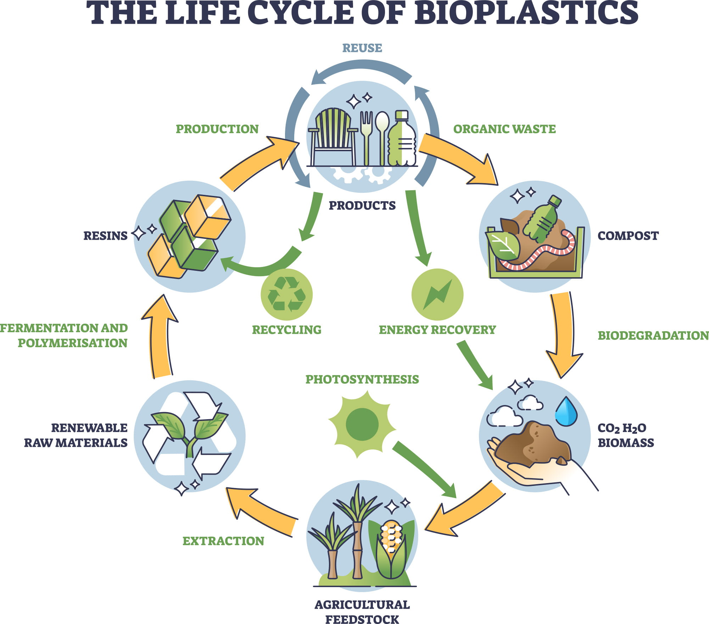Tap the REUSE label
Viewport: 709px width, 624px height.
click(362, 48)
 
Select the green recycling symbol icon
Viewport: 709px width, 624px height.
click(286, 294)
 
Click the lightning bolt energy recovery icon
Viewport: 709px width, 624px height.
click(437, 294)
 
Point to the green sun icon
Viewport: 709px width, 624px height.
click(362, 424)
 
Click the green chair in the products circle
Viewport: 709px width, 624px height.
click(333, 137)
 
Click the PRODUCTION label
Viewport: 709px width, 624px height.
click(217, 129)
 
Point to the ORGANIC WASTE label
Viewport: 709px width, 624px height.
click(504, 129)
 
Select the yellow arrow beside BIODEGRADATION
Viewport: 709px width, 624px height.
click(564, 334)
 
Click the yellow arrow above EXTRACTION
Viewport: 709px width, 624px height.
click(262, 511)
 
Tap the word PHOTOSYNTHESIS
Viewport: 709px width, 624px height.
click(362, 379)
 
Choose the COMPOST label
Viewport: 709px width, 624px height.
click(628, 236)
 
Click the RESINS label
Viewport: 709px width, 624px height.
click(105, 236)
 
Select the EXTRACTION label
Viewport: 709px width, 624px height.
click(223, 541)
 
